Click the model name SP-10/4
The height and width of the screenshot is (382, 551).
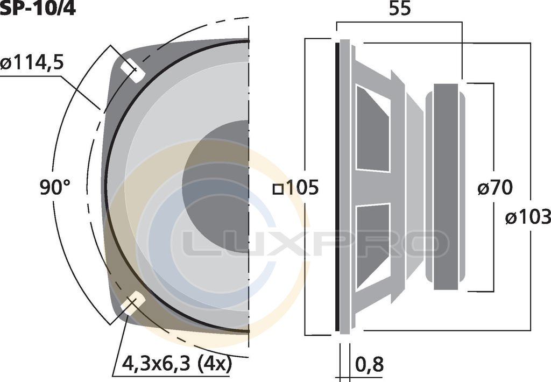(x=38, y=9)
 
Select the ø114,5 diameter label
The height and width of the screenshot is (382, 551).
(x=32, y=63)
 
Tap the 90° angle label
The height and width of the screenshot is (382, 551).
(x=55, y=187)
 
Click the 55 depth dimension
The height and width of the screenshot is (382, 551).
(x=400, y=9)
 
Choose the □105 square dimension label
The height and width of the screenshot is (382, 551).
(x=296, y=187)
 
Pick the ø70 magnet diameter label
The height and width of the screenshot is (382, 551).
(x=495, y=187)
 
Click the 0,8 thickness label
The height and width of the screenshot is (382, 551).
(x=369, y=364)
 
